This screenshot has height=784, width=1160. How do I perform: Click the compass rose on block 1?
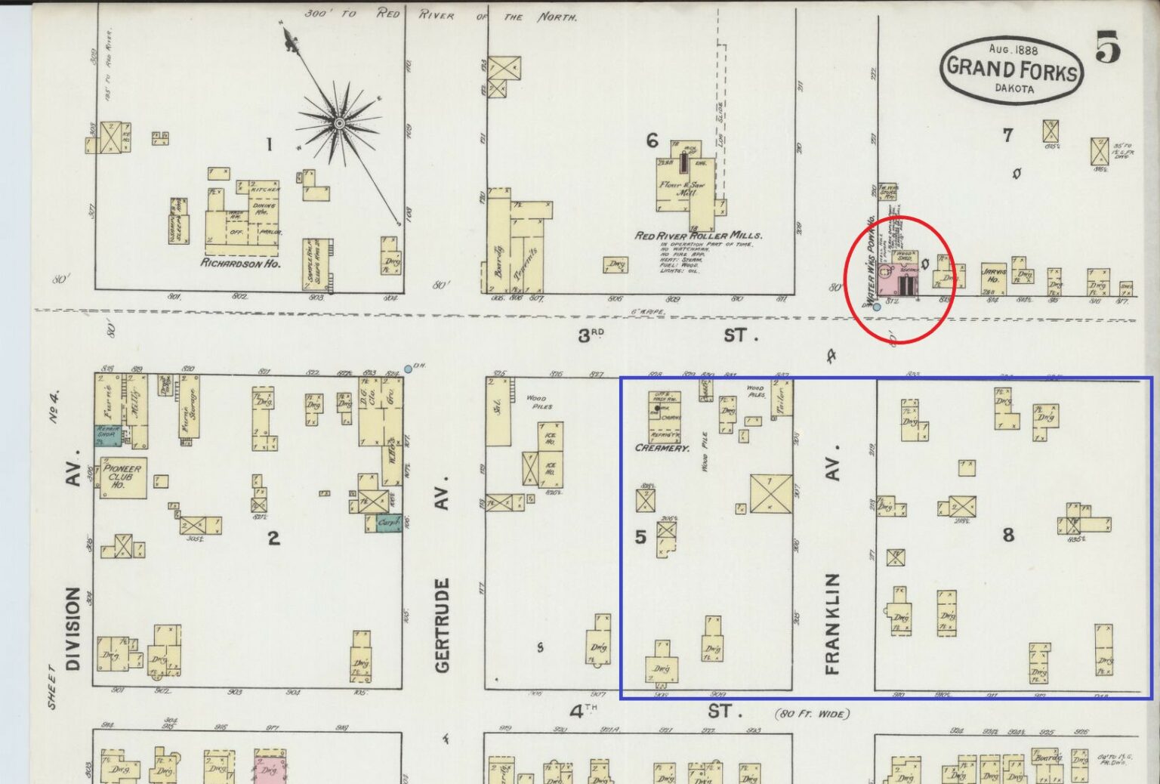click(x=340, y=122)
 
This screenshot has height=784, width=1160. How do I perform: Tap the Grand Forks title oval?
click(x=1012, y=69)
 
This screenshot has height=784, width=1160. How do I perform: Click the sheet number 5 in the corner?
click(x=1107, y=48)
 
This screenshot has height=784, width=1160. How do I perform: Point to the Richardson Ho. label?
click(x=240, y=264)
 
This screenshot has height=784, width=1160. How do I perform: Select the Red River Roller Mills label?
click(x=698, y=236)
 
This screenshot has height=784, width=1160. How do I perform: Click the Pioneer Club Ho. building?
click(x=122, y=477)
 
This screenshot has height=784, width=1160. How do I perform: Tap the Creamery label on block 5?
click(x=662, y=448)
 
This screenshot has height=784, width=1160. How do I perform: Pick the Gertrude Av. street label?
click(x=443, y=574)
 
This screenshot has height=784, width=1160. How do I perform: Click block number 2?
click(x=273, y=538)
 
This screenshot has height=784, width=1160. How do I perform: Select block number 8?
click(x=1008, y=535)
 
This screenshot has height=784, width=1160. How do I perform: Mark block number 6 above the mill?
click(x=652, y=140)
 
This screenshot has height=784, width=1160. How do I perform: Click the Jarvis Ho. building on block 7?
click(x=993, y=276)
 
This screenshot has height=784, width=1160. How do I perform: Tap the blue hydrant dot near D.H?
click(x=408, y=369)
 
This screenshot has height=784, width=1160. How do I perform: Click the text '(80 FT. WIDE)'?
click(x=812, y=714)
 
